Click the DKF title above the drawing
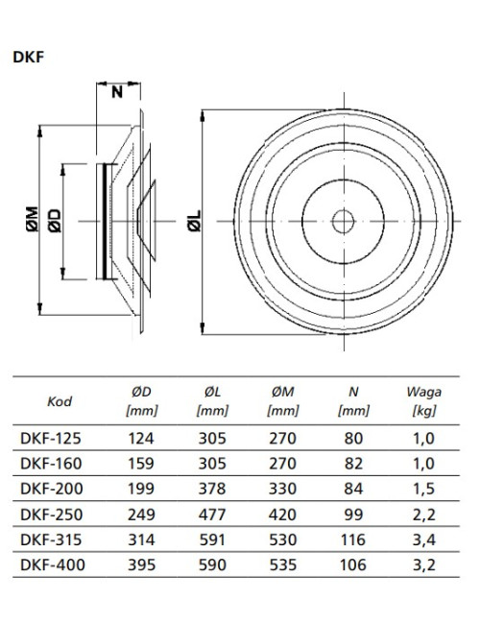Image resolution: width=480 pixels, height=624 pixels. (x=28, y=57)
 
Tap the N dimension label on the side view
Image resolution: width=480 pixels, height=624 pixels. (x=117, y=92)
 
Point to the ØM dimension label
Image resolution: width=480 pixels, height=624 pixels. (x=33, y=219)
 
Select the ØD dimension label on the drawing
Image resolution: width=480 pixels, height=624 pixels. (x=55, y=221)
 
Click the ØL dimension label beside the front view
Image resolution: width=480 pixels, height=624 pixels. (x=195, y=221)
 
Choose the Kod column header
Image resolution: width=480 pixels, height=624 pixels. (x=60, y=401)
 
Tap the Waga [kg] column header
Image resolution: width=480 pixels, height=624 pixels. (x=424, y=400)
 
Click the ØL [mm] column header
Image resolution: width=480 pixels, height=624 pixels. (x=212, y=400)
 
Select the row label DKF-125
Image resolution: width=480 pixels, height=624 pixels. (x=51, y=438)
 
